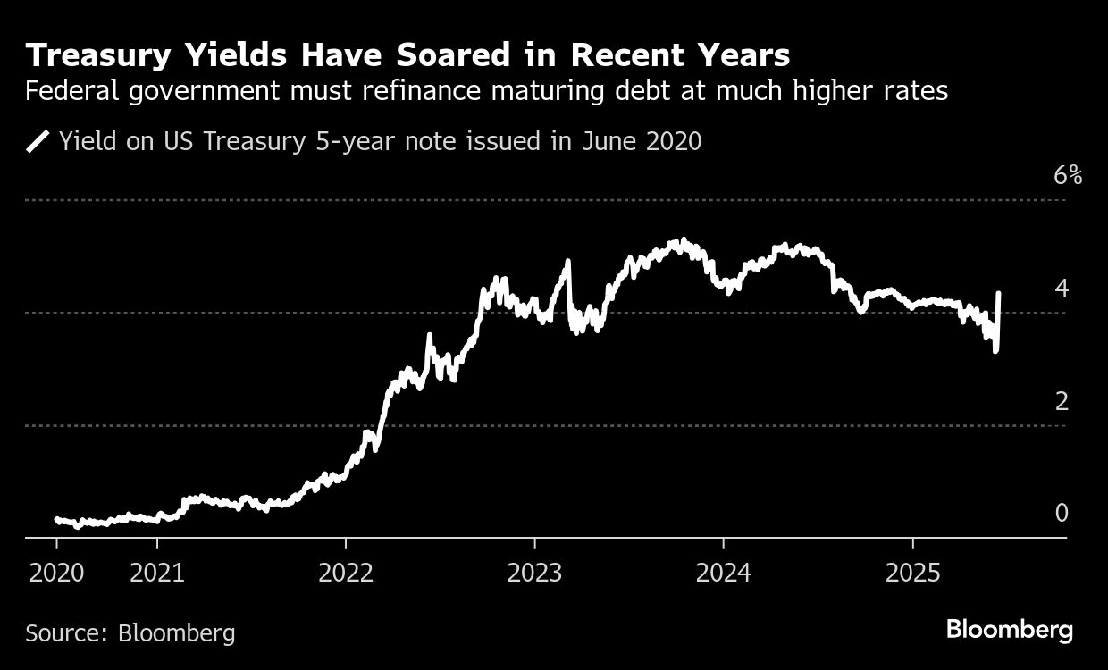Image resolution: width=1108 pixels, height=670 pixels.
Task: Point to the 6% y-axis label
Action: coord(1068,175)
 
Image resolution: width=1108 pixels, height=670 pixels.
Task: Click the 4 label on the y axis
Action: coord(1062,289)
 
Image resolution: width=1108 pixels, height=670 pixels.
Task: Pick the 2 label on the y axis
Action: coord(1062,401)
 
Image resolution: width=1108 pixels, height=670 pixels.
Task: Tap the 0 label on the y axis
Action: coord(1062,513)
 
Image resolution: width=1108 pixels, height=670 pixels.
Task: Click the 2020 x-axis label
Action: coord(57,573)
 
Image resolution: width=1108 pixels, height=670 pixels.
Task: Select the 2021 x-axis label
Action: coord(157,573)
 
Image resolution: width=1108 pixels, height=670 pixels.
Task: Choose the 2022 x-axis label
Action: coord(346,573)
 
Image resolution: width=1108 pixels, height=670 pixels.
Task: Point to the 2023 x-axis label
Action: coord(534,573)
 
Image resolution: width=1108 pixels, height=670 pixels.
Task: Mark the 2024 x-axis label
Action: coord(723,573)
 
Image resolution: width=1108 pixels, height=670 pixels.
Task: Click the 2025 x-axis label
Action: coord(912,573)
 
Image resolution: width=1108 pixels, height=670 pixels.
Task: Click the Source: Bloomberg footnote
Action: coord(130,633)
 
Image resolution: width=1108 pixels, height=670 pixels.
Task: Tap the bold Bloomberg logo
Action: coord(1010,630)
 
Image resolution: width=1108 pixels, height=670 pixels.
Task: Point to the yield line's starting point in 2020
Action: coord(57,519)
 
